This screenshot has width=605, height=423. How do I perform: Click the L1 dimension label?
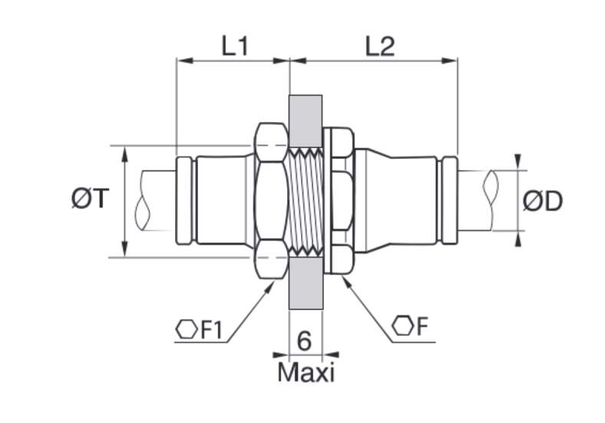coord(234,47)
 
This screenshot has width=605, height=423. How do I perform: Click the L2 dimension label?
coord(380,47)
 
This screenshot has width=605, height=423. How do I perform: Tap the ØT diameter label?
coord(91,199)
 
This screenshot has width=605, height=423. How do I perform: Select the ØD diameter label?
coord(543,201)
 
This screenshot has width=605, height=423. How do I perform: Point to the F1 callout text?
coord(211,330)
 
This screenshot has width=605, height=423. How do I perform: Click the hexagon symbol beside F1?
coord(187,329)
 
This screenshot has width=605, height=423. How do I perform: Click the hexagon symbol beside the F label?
coord(402,326)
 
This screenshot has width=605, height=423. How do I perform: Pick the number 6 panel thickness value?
coord(305,341)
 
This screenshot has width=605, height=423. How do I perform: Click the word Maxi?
coord(306,373)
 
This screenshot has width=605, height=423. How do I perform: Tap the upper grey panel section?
coord(306,121)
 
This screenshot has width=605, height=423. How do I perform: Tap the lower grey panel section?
coord(306,283)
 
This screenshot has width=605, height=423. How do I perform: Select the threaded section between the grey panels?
coord(306,202)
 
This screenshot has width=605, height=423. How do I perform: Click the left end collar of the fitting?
coord(184,200)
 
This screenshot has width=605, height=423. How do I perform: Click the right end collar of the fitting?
coord(449,200)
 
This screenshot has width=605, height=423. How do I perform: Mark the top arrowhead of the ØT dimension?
coord(124,154)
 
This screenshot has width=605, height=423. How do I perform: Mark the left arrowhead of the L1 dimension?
coord(184,61)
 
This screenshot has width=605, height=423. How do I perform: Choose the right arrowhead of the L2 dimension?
coord(449,61)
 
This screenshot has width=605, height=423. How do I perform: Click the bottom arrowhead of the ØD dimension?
coord(517,239)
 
